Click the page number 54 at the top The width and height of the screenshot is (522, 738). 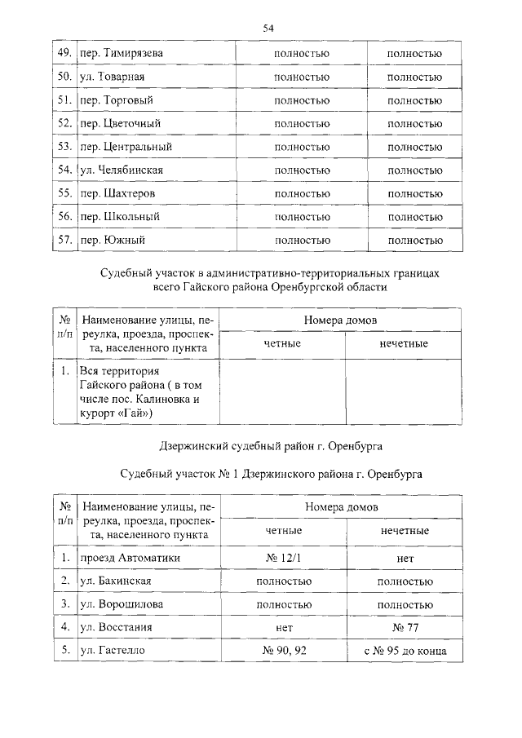click(267, 28)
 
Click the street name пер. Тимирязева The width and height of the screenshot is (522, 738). click(121, 53)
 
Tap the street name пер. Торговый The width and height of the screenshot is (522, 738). click(117, 100)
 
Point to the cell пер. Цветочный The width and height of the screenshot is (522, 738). click(120, 123)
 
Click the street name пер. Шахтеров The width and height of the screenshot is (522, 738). click(117, 193)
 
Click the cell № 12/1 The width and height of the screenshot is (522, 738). click(283, 558)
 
